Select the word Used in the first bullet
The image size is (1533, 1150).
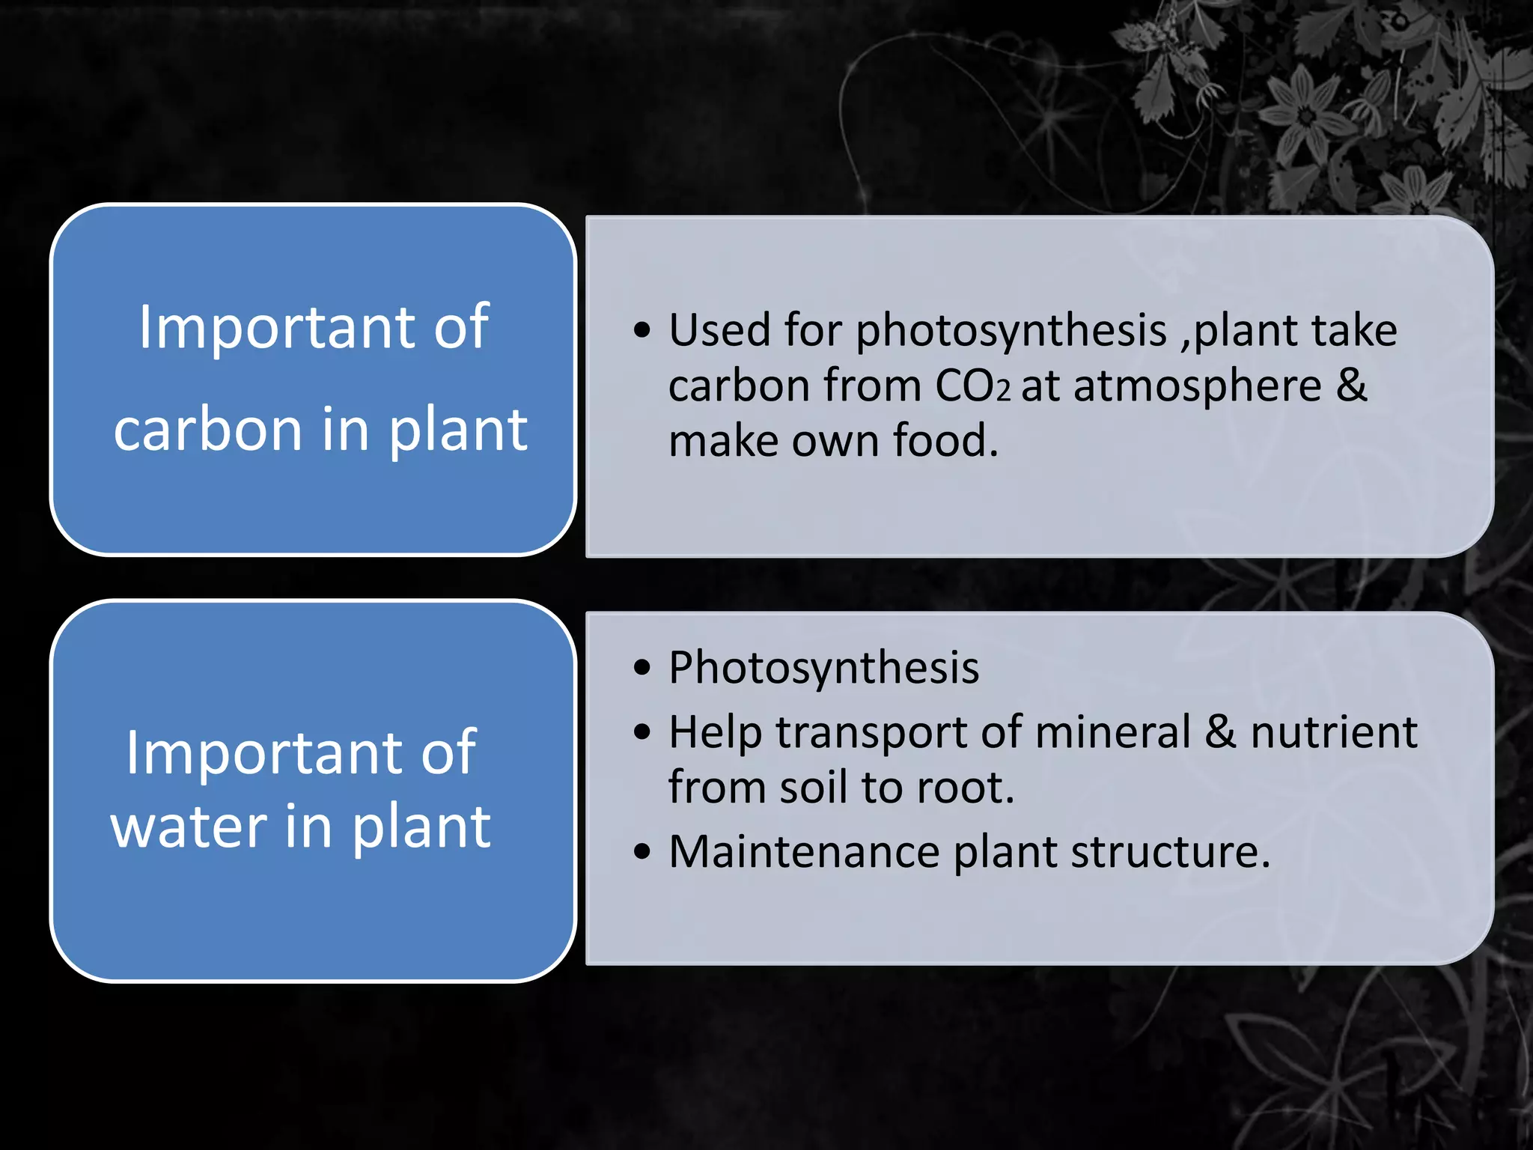click(719, 330)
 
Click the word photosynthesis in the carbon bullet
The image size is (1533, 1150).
click(1011, 332)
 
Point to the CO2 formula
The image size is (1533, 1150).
click(972, 386)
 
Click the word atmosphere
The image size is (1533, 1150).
click(1198, 386)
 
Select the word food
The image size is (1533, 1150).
click(945, 440)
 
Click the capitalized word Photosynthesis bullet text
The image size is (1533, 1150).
click(823, 668)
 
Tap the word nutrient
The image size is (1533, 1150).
click(1334, 731)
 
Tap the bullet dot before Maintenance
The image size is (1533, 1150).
click(642, 853)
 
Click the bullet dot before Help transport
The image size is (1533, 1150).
click(642, 732)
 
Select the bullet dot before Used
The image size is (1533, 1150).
click(642, 331)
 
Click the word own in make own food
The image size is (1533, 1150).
click(835, 440)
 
